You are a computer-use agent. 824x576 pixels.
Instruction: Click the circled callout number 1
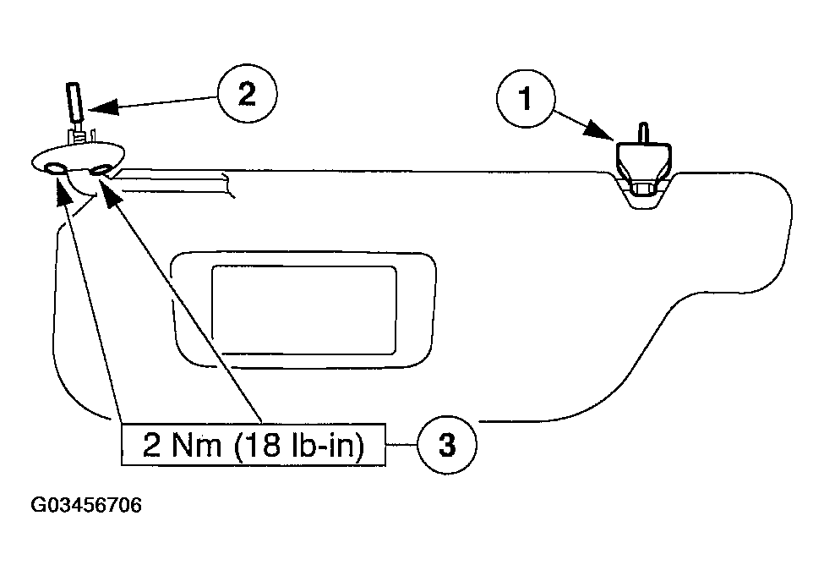[x=525, y=100]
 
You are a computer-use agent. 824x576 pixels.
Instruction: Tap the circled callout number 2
[x=246, y=94]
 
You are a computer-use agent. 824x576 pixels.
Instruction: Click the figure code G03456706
[x=86, y=506]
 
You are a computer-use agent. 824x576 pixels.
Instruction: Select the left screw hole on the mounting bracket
[x=55, y=169]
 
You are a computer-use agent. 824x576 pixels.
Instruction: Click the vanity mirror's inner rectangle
[x=303, y=308]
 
